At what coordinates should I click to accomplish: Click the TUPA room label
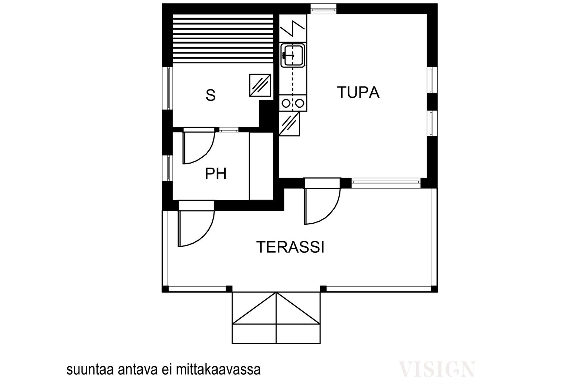(358, 93)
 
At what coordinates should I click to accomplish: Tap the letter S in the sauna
(211, 95)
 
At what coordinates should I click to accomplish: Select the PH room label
(216, 174)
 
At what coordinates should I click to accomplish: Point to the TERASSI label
(290, 247)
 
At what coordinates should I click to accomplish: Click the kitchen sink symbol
(293, 55)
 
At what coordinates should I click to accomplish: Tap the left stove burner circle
(286, 103)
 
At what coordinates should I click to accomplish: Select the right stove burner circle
(300, 103)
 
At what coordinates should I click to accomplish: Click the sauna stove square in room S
(260, 85)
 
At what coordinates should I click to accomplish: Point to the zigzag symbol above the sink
(292, 28)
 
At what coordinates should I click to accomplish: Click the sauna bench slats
(223, 38)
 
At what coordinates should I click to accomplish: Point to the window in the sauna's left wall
(168, 88)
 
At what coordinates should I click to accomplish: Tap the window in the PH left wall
(168, 168)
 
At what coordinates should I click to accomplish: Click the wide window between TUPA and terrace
(386, 183)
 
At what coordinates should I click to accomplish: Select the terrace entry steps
(276, 318)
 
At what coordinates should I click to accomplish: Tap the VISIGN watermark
(437, 369)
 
